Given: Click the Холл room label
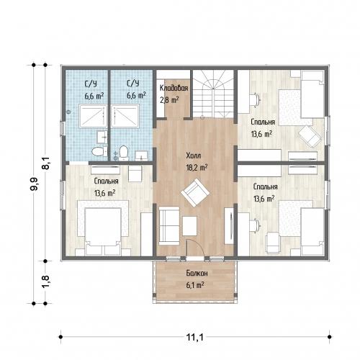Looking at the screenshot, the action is click(x=194, y=156).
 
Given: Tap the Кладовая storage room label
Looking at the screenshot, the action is click(x=174, y=88).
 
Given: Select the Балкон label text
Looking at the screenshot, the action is click(x=197, y=273).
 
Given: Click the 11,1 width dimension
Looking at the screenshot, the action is click(x=195, y=337).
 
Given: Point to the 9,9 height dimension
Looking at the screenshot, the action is click(x=34, y=184).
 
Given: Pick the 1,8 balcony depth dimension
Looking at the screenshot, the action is click(x=45, y=281).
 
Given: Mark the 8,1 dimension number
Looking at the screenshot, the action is click(x=45, y=163).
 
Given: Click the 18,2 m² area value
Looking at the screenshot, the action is click(x=197, y=168).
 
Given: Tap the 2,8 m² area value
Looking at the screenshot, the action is click(x=169, y=100).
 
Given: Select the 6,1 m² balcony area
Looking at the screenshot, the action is click(x=195, y=285).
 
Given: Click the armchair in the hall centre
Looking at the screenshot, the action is click(x=195, y=192).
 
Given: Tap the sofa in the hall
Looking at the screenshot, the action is click(x=169, y=225).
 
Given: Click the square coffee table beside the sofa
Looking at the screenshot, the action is click(x=189, y=226).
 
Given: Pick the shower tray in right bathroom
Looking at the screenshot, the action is click(x=125, y=116).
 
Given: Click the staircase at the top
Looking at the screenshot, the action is click(x=213, y=94).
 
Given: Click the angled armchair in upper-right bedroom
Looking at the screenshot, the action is click(x=310, y=137).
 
